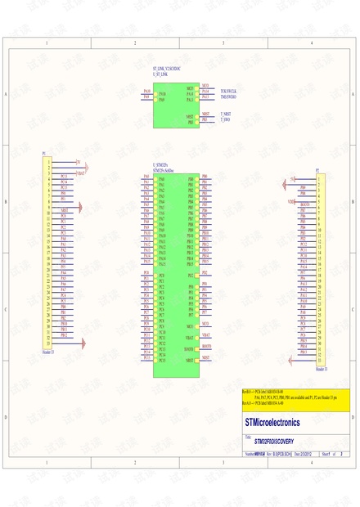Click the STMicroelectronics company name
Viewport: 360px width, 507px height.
pyautogui.click(x=272, y=423)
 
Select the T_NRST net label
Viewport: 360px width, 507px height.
pyautogui.click(x=226, y=114)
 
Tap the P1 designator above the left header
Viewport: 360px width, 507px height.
pyautogui.click(x=44, y=153)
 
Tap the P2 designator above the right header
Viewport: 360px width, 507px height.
pyautogui.click(x=317, y=170)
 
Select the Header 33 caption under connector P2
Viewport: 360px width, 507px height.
pyautogui.click(x=321, y=370)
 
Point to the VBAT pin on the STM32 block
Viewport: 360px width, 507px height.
pyautogui.click(x=189, y=337)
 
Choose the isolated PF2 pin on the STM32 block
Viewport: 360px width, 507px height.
pyautogui.click(x=191, y=275)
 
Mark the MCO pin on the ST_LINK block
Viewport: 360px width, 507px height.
pyautogui.click(x=189, y=86)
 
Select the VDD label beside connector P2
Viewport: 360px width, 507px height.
pyautogui.click(x=291, y=200)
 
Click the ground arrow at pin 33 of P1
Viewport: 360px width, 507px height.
pyautogui.click(x=79, y=346)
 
